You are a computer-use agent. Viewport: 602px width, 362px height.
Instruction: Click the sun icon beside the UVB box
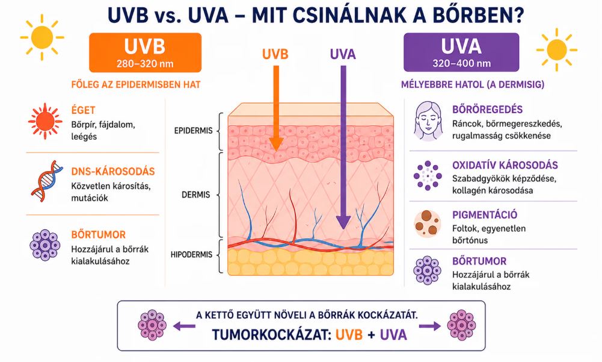click(42, 37)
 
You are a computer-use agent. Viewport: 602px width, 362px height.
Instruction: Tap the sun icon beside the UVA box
click(556, 49)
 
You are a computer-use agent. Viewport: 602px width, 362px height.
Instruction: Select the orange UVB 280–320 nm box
click(145, 52)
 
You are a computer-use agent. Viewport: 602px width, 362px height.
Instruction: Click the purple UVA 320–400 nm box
click(461, 52)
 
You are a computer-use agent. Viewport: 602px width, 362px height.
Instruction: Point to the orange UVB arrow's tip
click(275, 150)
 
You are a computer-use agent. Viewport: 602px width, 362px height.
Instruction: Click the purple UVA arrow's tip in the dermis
click(343, 229)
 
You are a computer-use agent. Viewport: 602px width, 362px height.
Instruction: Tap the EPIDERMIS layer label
click(193, 131)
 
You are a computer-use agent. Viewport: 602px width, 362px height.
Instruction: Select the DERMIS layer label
click(196, 195)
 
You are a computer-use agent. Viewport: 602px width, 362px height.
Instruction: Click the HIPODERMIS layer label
click(191, 255)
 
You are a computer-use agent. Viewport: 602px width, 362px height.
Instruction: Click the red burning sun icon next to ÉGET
click(45, 121)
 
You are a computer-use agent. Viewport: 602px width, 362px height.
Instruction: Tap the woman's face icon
click(428, 121)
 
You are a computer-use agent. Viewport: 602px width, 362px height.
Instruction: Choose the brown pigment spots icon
click(428, 224)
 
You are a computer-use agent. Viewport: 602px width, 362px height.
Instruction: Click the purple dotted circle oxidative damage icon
click(428, 176)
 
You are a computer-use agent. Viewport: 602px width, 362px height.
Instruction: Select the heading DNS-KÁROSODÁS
click(113, 172)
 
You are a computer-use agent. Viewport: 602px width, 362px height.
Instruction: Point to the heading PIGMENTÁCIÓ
click(485, 214)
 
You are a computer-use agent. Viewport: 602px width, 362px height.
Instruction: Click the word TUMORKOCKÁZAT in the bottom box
click(271, 335)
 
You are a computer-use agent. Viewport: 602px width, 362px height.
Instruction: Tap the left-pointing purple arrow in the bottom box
click(184, 326)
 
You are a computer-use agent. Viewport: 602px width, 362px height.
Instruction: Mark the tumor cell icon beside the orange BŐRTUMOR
click(45, 245)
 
